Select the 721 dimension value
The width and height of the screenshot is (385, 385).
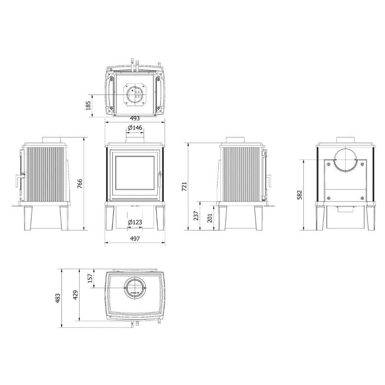click(184, 187)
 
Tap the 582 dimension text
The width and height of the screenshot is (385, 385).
click(300, 195)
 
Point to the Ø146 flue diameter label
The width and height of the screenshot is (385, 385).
click(135, 128)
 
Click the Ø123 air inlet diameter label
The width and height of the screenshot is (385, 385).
click(135, 222)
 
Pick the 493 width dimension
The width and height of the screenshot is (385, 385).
click(135, 118)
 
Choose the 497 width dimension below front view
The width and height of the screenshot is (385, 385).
click(135, 239)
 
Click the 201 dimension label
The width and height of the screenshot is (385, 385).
click(210, 217)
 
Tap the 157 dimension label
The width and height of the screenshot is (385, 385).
click(89, 278)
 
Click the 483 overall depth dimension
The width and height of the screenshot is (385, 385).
click(58, 298)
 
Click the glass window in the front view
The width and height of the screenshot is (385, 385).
click(135, 175)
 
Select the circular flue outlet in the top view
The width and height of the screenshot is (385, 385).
click(135, 288)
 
